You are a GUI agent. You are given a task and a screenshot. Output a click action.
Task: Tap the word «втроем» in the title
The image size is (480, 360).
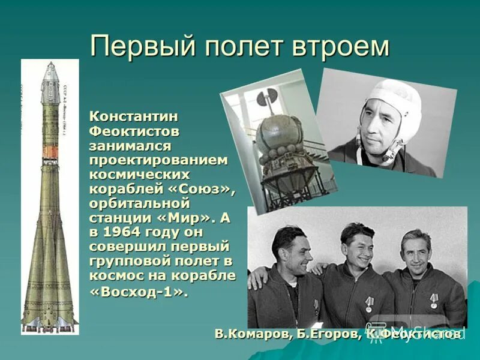pos(341,46)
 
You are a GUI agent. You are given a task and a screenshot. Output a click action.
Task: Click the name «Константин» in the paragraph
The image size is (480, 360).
pos(134,116)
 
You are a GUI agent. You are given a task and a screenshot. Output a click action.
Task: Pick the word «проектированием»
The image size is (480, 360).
pos(158,160)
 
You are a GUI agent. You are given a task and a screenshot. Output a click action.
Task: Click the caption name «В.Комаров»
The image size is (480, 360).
pos(251,334)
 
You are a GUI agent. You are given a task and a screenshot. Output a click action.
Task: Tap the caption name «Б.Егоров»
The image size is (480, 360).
pos(327,334)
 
